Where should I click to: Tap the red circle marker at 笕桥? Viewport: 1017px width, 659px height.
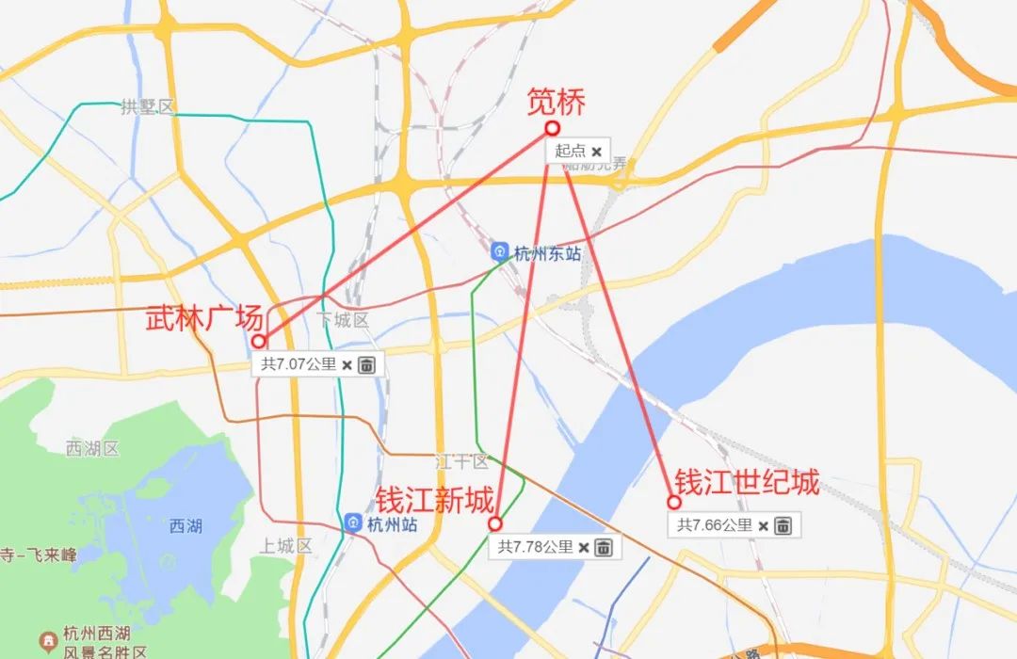[x=553, y=129]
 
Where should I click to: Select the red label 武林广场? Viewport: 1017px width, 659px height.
[x=204, y=319]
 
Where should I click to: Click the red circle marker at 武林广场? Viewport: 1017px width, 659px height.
[x=259, y=342]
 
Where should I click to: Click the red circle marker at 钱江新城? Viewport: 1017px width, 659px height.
[x=495, y=523]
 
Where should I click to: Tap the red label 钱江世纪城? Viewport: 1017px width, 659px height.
[x=746, y=483]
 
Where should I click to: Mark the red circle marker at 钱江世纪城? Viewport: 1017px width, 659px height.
[x=674, y=503]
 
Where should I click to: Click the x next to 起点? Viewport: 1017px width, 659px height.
[x=596, y=151]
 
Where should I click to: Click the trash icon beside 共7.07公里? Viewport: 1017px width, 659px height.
[x=366, y=364]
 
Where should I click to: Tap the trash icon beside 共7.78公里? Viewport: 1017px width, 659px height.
[x=604, y=546]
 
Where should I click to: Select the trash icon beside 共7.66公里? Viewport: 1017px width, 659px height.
[x=783, y=525]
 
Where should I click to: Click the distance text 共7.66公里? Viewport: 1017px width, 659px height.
[x=715, y=525]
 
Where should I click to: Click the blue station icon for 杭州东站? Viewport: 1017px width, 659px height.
[x=500, y=252]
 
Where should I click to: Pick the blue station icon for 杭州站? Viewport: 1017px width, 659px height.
[x=353, y=523]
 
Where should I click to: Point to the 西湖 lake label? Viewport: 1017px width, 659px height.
[x=186, y=527]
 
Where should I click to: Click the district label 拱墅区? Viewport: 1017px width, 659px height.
[x=148, y=107]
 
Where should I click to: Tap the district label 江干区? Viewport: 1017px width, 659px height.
[x=461, y=462]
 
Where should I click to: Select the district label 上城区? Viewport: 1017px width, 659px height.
[x=285, y=546]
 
